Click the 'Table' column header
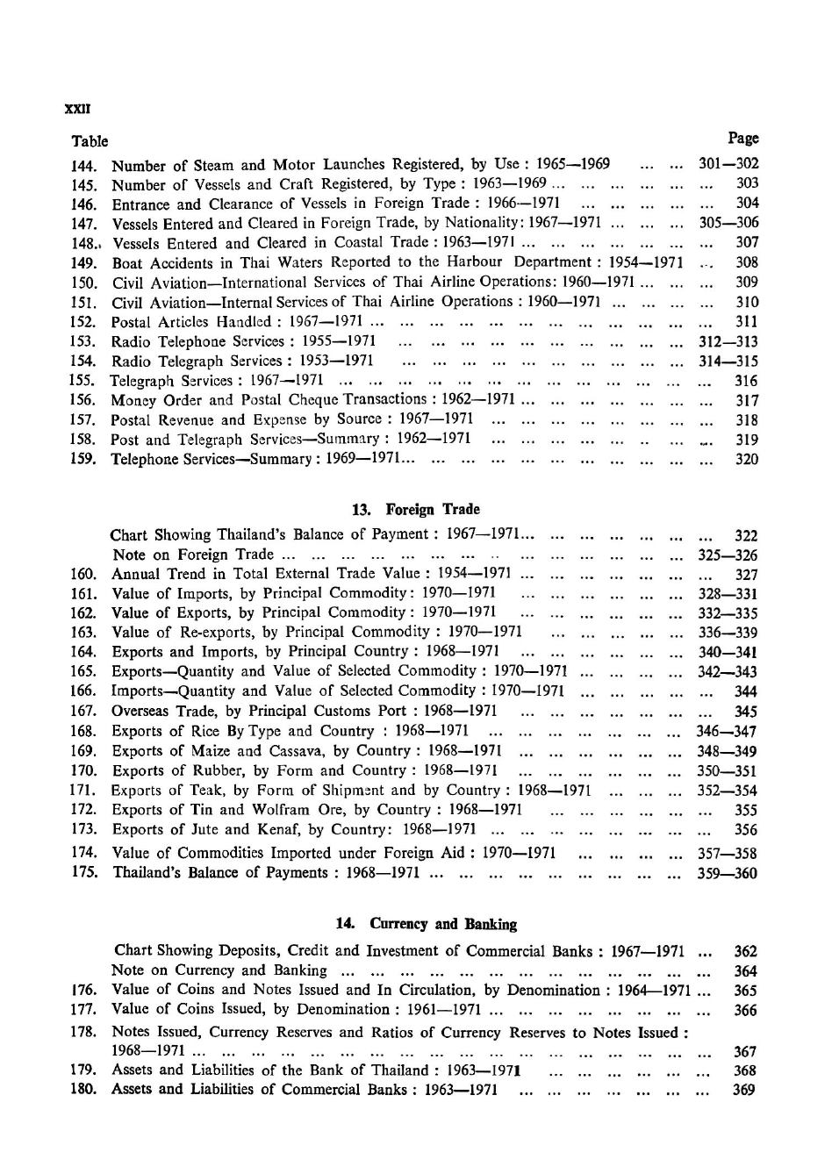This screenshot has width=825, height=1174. pyautogui.click(x=90, y=141)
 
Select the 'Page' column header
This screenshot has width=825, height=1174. pyautogui.click(x=743, y=138)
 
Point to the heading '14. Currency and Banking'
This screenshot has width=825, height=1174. pyautogui.click(x=427, y=924)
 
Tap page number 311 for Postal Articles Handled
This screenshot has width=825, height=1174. pyautogui.click(x=746, y=321)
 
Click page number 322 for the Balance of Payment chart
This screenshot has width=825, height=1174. pyautogui.click(x=745, y=535)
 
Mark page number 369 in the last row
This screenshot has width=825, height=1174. pyautogui.click(x=744, y=1090)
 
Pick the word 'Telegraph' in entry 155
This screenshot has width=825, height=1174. pyautogui.click(x=141, y=381)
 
